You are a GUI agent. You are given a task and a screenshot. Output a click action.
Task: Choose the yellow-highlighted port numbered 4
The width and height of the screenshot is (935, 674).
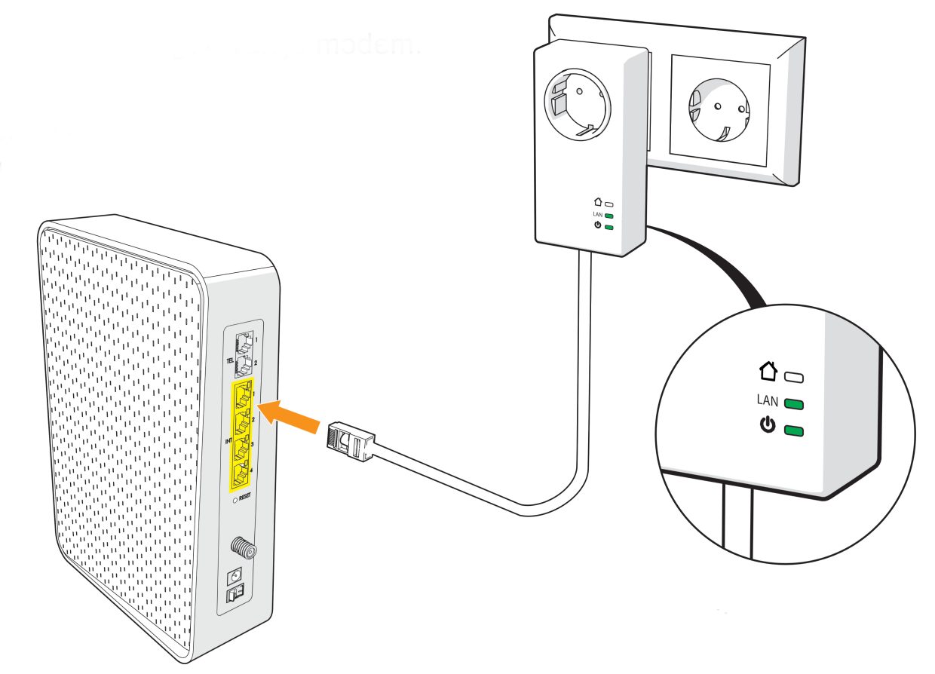point(242,474)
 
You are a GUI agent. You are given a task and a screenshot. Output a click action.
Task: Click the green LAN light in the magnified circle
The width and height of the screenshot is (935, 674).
point(794,404)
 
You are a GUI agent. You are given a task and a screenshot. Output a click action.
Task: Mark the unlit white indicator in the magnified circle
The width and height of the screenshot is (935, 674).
point(794,376)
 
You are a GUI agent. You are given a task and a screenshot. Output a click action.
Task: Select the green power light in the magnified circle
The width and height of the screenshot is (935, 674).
point(794,431)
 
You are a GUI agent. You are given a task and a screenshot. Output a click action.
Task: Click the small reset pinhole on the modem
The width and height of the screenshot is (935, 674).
point(235,499)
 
